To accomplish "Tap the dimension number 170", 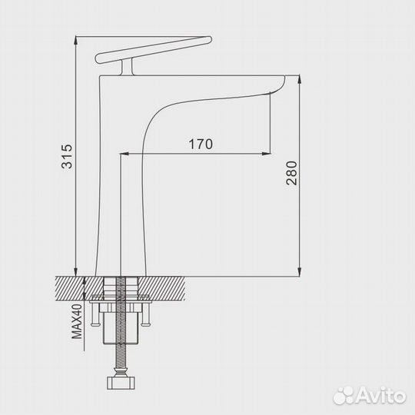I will tap(200, 144).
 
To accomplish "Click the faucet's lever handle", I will tap(154, 50).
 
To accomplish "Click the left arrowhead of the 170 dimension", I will tap(125, 153).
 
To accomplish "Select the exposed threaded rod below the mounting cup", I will tap(121, 357).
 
